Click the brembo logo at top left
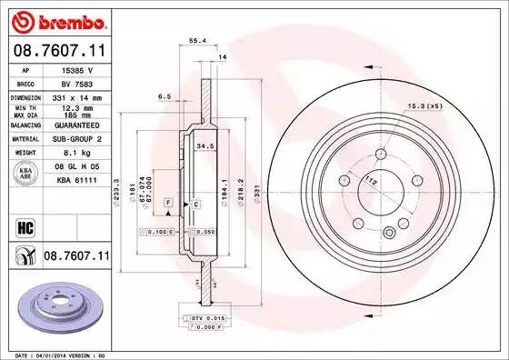56,19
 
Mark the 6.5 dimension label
165,95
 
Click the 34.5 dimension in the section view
206,145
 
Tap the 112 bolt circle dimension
371,179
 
